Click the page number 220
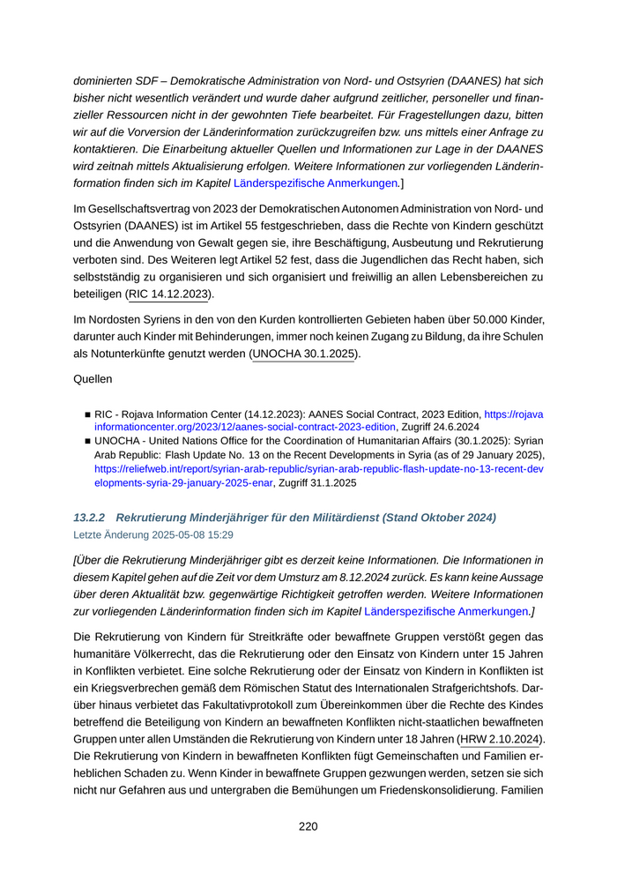[308, 826]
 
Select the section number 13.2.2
[90, 517]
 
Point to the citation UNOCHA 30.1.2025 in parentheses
[305, 354]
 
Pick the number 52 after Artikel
[327, 261]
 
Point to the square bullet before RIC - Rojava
[88, 413]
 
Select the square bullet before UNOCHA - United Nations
[88, 441]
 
